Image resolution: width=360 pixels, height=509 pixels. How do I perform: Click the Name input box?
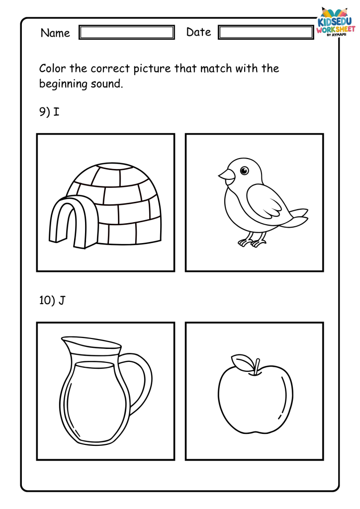[x=127, y=32]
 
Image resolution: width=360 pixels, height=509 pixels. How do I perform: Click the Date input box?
[x=266, y=32]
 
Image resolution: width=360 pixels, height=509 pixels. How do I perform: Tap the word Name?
[x=55, y=33]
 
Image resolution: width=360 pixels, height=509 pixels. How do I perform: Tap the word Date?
[x=199, y=32]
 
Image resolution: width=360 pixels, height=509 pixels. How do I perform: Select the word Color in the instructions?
[x=53, y=68]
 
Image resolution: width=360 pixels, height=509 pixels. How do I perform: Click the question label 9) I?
[x=49, y=112]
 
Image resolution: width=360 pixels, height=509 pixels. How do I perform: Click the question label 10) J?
[x=52, y=300]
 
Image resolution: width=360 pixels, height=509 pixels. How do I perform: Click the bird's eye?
[x=244, y=170]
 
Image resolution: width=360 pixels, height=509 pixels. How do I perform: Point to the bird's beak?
[x=227, y=175]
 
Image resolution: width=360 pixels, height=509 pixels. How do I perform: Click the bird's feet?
[x=252, y=242]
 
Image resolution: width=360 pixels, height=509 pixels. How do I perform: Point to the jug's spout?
[x=68, y=343]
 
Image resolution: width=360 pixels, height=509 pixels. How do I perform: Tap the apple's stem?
[x=257, y=367]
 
